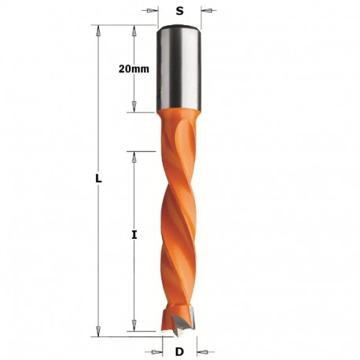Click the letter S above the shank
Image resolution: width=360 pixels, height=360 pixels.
pos(180,11)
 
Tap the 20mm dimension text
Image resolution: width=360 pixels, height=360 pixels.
pos(134,69)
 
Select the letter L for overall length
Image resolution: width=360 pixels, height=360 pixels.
pos(98,179)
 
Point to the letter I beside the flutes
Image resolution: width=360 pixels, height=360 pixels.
pos(134,234)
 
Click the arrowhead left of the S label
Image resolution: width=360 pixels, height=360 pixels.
pos(152,11)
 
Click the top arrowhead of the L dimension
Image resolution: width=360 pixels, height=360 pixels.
pos(98,31)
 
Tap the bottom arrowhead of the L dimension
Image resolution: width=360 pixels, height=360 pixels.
pos(98,330)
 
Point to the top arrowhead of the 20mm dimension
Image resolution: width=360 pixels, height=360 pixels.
pos(134,31)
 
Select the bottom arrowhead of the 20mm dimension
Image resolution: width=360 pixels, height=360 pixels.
pos(134,107)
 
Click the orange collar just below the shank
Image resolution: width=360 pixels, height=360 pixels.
pos(179,119)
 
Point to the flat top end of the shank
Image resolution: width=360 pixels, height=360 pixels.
pos(180,28)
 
